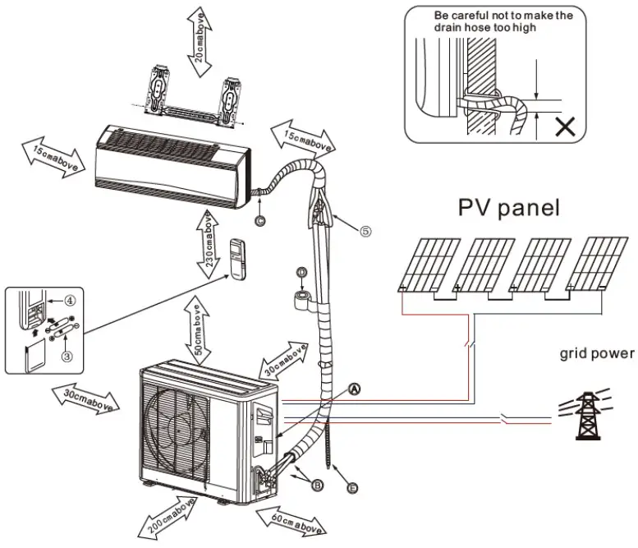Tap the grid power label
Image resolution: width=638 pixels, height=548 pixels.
point(597,353)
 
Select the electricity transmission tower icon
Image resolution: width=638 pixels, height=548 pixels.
point(586,412)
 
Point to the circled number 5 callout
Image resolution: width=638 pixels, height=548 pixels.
point(365,232)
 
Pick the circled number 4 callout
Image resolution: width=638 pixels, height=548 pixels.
point(71,301)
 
